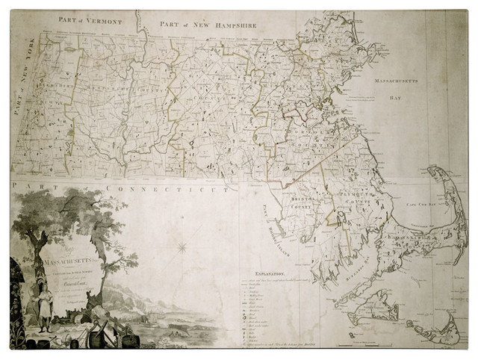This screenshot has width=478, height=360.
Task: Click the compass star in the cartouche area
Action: click(181, 246)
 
